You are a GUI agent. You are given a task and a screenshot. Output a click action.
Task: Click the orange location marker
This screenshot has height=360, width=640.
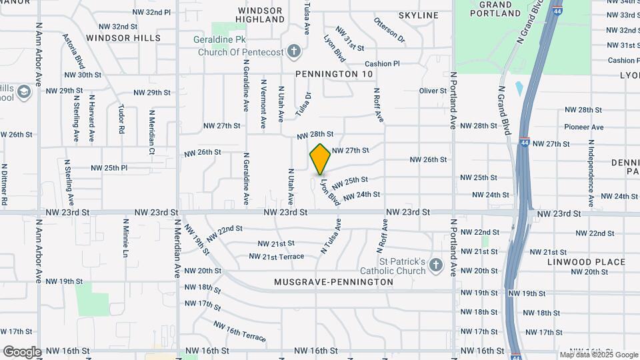(321, 159)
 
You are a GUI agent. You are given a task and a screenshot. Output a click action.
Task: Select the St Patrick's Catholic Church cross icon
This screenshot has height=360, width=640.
(436, 265)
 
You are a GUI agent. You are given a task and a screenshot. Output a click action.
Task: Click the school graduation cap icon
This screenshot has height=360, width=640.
(25, 91)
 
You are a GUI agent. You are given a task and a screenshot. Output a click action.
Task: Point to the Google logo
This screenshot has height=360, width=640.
(21, 351)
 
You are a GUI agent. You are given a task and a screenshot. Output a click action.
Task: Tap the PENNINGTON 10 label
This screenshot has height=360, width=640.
(334, 74)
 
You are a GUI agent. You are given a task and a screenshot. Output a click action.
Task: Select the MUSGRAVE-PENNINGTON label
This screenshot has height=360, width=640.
(334, 282)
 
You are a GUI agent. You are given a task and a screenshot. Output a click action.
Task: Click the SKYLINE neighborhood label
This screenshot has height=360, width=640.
(419, 15)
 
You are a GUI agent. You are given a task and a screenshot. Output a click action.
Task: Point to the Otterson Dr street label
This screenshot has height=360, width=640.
(389, 30)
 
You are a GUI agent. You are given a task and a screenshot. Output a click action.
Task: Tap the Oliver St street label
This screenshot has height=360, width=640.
(433, 91)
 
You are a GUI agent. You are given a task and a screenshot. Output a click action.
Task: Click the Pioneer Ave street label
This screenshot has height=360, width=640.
(583, 127)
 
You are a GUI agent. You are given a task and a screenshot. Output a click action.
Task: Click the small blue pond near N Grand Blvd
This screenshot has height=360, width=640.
(519, 88)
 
